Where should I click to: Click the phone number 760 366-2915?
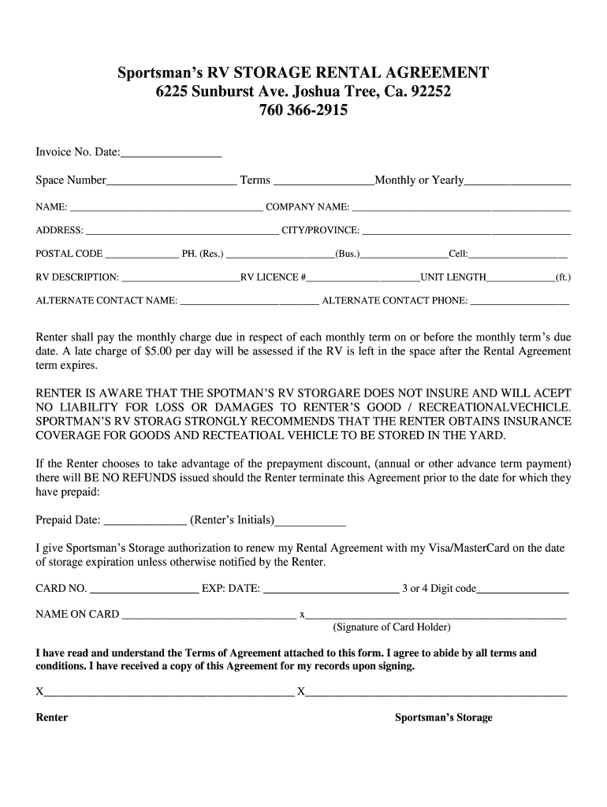click(x=303, y=111)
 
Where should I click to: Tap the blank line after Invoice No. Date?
click(x=171, y=154)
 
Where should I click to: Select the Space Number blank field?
click(x=171, y=183)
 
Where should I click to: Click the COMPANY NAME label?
click(x=308, y=207)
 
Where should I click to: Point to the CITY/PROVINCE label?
click(x=321, y=230)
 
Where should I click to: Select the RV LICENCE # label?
click(x=274, y=277)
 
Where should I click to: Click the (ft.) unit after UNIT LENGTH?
click(x=563, y=277)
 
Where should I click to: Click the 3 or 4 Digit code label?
click(x=438, y=589)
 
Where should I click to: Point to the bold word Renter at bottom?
click(x=52, y=717)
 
